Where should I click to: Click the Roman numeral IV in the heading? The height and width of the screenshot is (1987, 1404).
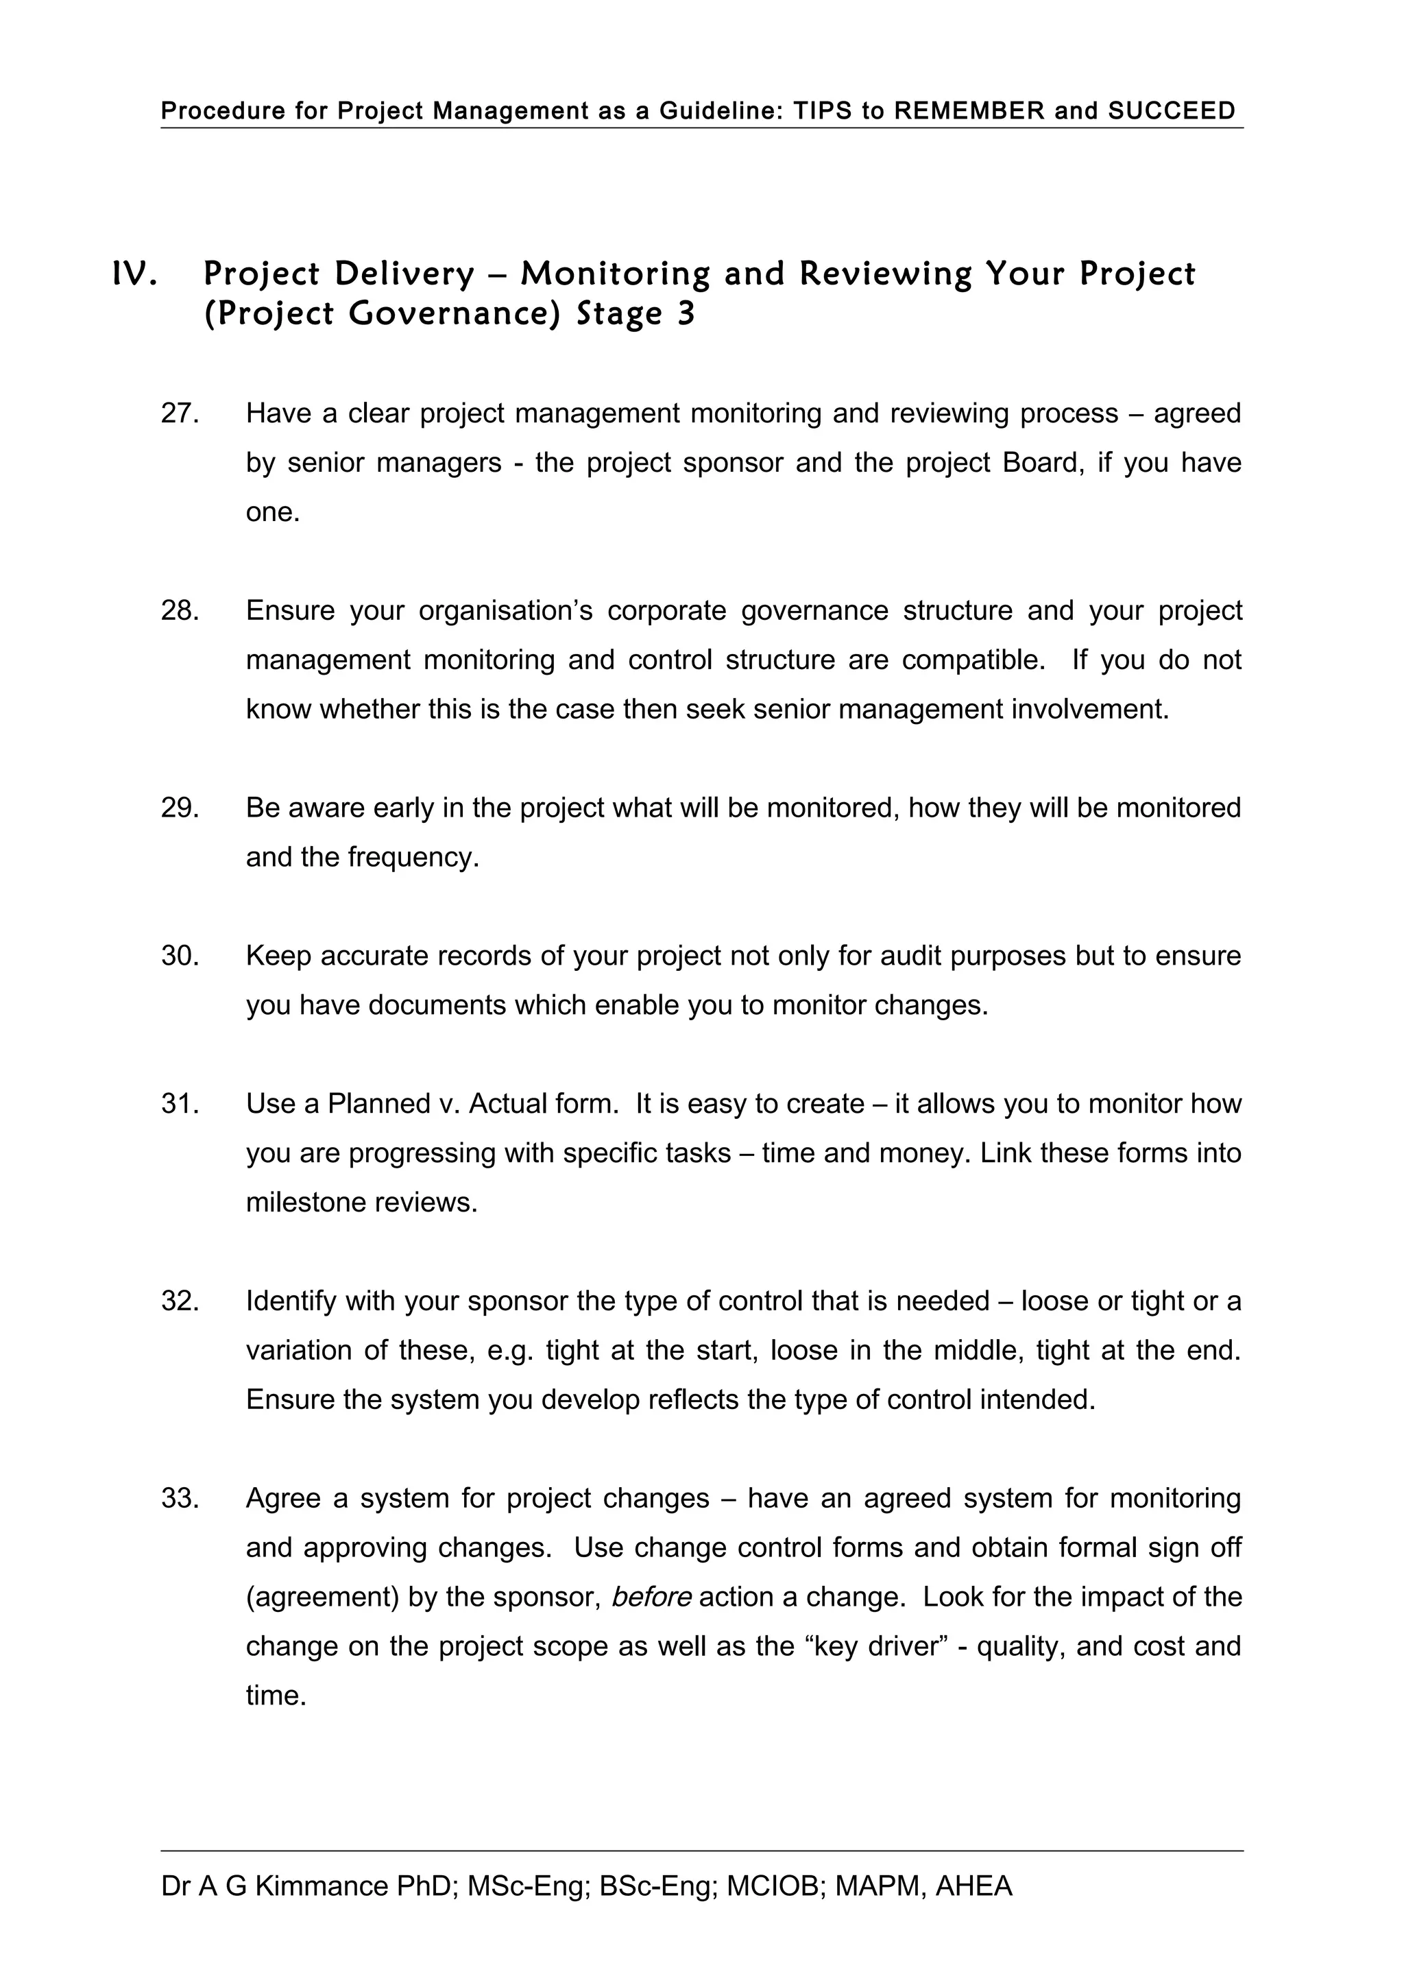(135, 274)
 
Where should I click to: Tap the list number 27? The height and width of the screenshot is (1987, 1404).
(180, 413)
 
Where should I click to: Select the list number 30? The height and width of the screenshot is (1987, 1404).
(180, 956)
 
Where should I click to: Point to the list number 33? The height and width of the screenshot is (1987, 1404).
(180, 1498)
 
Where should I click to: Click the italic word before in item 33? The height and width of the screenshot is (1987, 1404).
(651, 1597)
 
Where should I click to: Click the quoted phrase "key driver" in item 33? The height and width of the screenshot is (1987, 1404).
(883, 1646)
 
